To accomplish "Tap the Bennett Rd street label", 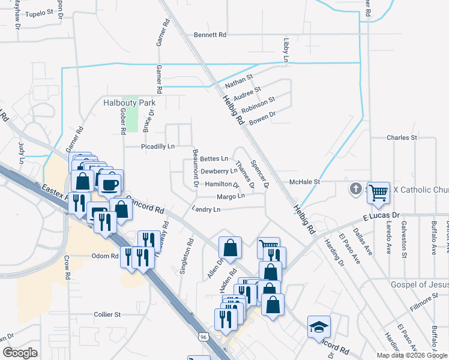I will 209,35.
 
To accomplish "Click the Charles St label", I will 402,137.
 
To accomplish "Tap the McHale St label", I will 306,181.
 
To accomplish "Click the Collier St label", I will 107,314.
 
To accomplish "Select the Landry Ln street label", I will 206,209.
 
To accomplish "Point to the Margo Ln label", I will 231,196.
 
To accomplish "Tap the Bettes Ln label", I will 214,159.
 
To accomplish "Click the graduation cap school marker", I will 319,326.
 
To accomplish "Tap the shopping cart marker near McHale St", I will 379,192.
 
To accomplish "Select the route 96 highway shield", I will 205,338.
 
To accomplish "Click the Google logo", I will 20,353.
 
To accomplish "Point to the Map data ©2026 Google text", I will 411,355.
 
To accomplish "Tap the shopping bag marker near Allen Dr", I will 231,246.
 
